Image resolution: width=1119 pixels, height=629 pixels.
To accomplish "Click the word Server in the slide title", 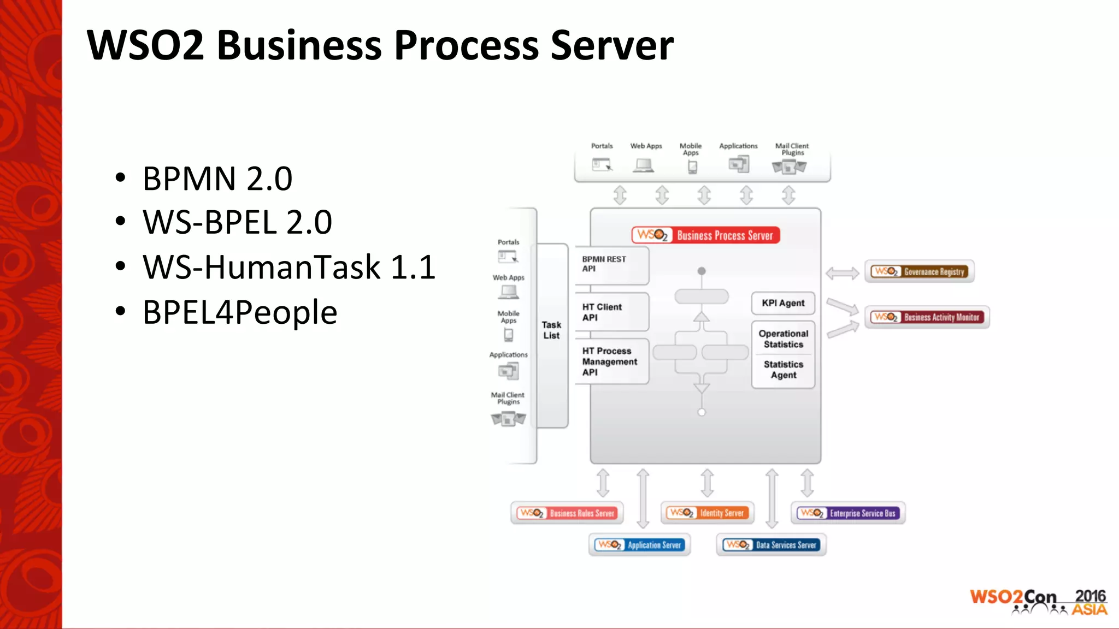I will point(612,45).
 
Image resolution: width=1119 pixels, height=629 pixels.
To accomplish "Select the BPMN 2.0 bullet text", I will point(217,179).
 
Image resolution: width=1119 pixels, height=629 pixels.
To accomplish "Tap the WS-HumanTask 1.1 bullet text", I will point(289,267).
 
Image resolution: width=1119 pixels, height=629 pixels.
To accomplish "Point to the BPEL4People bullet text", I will point(240,312).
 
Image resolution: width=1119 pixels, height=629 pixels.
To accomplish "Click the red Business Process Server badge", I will point(705,235).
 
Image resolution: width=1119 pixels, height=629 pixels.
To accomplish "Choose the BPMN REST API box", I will point(611,264).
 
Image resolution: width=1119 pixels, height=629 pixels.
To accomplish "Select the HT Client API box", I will point(611,312).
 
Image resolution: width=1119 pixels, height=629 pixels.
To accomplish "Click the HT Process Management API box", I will point(611,361).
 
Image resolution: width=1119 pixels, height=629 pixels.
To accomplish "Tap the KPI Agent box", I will point(783,303).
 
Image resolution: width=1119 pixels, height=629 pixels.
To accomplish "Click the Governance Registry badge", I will point(919,271).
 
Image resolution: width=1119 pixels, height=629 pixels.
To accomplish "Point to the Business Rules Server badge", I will point(567,513).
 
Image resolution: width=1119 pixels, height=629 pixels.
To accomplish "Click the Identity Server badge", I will point(707,513).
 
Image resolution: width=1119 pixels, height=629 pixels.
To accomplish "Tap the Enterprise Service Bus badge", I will point(848,513).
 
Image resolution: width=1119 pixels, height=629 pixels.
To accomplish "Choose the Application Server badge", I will point(639,544).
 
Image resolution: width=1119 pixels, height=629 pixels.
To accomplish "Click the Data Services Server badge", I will point(771,544).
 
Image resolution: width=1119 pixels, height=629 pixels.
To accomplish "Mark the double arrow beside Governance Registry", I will point(842,273).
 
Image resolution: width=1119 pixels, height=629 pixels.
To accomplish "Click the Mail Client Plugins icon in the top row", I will point(789,167).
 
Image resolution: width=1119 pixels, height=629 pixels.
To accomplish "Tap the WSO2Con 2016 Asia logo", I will point(1038,602).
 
